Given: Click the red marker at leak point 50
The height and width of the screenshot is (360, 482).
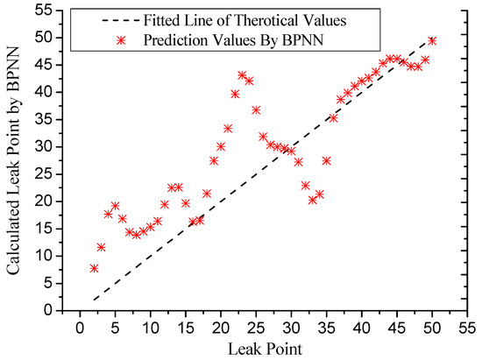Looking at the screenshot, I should [432, 40].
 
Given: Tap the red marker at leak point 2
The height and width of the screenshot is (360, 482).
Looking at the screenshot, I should [94, 268].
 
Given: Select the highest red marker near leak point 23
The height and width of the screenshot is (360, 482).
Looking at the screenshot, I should [242, 75].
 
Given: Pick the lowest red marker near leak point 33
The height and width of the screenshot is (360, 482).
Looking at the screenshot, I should [312, 200].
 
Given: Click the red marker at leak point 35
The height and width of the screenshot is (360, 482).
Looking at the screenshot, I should [326, 160].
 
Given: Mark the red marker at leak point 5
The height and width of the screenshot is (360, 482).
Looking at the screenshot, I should [115, 206].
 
